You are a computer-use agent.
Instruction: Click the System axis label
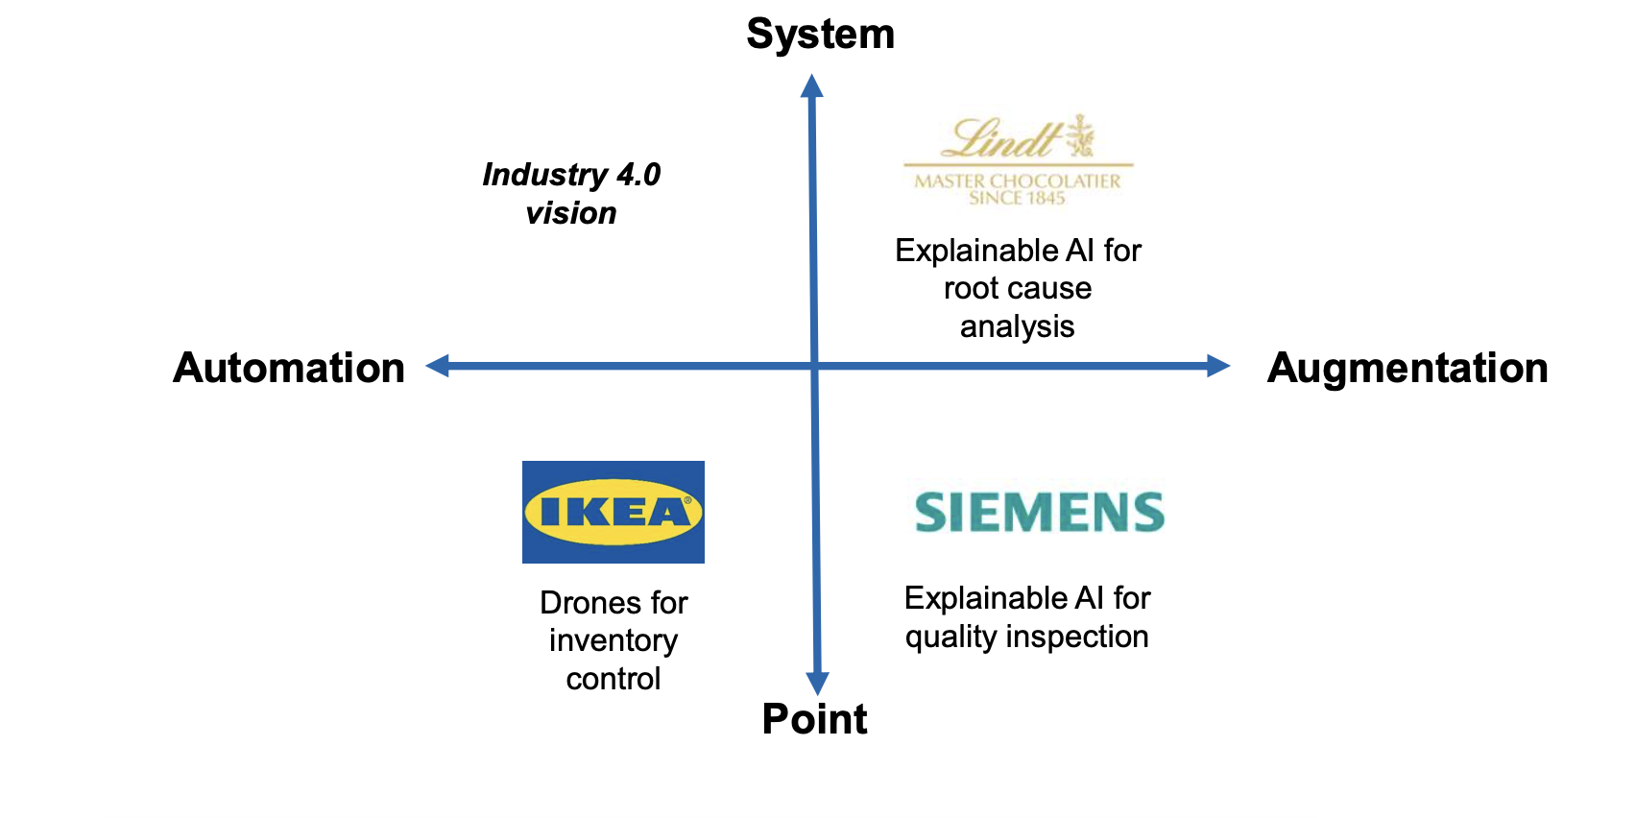click(820, 35)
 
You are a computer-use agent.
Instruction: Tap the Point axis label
click(814, 719)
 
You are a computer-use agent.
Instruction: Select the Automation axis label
click(289, 368)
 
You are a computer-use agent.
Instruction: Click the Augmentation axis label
click(1407, 368)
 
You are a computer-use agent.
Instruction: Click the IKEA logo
click(613, 512)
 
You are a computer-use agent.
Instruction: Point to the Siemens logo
click(1039, 512)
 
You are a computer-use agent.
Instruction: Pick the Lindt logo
click(1018, 159)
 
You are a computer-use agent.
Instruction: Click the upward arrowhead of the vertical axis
click(812, 86)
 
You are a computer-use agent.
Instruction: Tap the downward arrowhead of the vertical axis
click(817, 683)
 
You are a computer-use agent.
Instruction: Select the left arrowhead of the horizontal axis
click(438, 365)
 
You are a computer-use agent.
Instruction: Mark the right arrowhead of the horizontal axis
click(1218, 365)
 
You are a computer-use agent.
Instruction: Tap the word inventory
click(613, 640)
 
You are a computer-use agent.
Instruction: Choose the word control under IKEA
click(613, 679)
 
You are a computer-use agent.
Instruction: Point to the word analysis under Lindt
click(1017, 326)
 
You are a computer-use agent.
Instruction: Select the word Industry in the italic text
click(544, 175)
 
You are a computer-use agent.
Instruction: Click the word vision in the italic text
click(571, 213)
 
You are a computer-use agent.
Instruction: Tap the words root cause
click(1017, 288)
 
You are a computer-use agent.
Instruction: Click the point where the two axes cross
click(814, 365)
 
